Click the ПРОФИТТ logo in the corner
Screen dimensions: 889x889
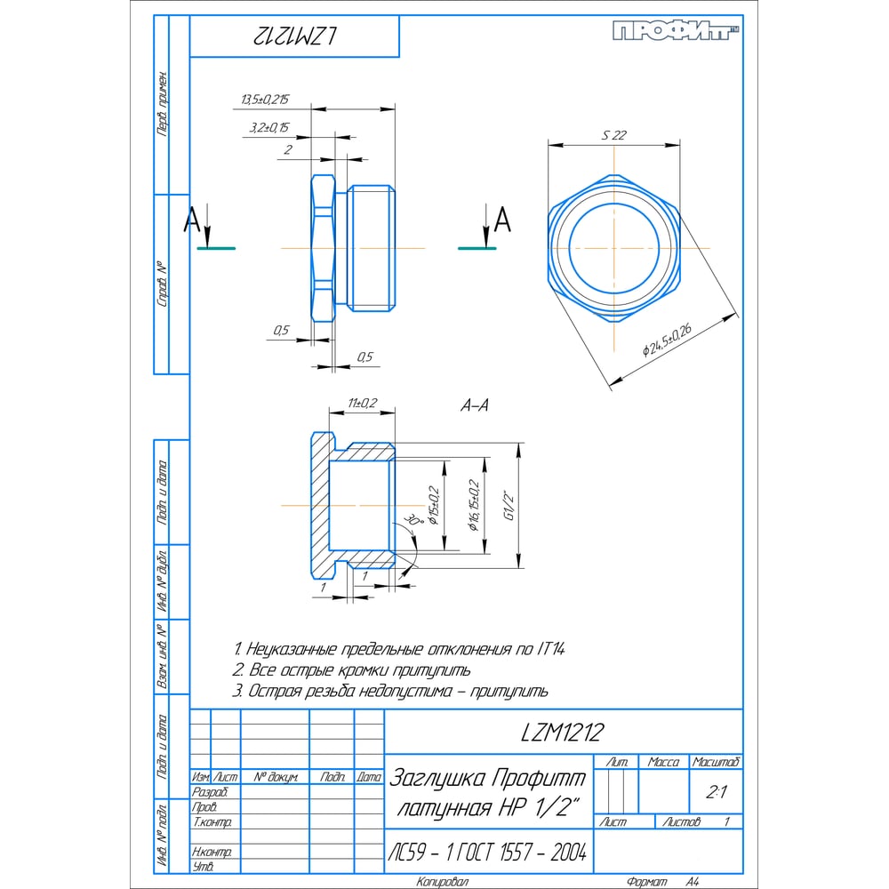click(677, 32)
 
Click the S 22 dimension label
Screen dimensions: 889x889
click(614, 135)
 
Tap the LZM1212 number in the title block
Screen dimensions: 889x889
click(562, 733)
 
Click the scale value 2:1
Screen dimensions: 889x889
click(716, 790)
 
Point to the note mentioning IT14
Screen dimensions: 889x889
click(398, 648)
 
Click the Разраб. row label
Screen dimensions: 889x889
click(211, 792)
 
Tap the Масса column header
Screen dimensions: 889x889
click(663, 763)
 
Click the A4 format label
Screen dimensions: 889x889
click(693, 881)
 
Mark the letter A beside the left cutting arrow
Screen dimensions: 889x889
click(191, 220)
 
